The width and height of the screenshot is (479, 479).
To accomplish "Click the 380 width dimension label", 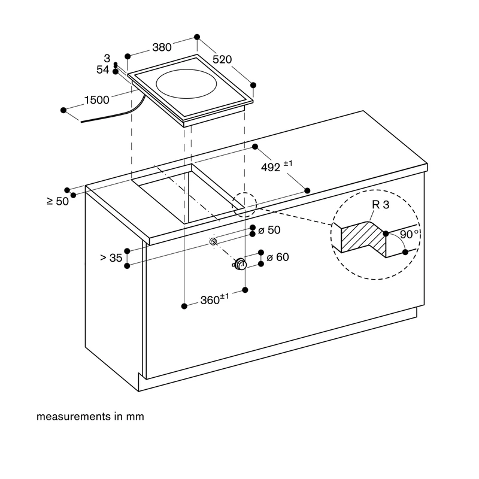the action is [x=162, y=47].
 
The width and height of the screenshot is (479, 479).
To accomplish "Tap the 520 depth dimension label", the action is [x=222, y=59].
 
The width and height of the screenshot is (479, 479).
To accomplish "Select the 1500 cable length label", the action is [x=96, y=100].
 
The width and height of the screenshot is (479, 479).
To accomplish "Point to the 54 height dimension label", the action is [x=102, y=69].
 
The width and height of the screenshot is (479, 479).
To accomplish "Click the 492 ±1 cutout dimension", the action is [x=277, y=166].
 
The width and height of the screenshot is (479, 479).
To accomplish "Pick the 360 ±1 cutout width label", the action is [x=214, y=299].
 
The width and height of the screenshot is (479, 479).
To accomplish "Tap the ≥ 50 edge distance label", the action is [x=57, y=201].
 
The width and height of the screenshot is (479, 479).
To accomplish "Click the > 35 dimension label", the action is [x=111, y=258].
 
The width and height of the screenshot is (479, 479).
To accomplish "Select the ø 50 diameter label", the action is [x=269, y=230].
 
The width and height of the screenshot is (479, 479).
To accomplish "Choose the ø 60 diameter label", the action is [x=278, y=257].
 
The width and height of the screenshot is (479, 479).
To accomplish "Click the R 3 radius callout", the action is [x=381, y=205].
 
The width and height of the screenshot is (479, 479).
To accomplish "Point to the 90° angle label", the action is [x=409, y=234].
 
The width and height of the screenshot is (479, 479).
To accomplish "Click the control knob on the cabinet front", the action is [x=240, y=264].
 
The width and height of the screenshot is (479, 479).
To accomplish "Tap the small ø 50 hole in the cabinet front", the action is [x=214, y=242].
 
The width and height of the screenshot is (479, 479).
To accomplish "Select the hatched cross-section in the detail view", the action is [x=363, y=237].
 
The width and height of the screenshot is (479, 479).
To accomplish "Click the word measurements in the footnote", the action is [x=73, y=416].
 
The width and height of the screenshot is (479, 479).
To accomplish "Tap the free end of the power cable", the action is [x=81, y=122].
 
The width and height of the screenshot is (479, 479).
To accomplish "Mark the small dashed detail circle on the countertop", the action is [x=244, y=205].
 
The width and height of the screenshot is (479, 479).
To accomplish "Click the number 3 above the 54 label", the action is [x=107, y=58].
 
